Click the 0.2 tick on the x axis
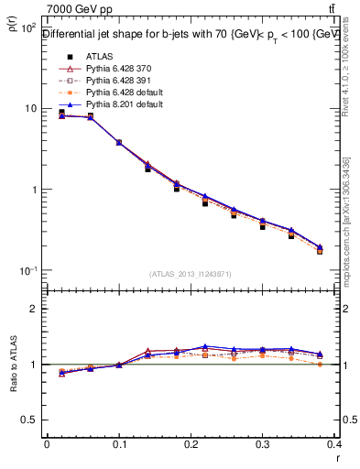point(191,446)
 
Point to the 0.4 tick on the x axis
point(335,446)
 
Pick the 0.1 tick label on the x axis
point(119,446)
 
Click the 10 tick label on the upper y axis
point(28,108)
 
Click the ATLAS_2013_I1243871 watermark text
point(191,274)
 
